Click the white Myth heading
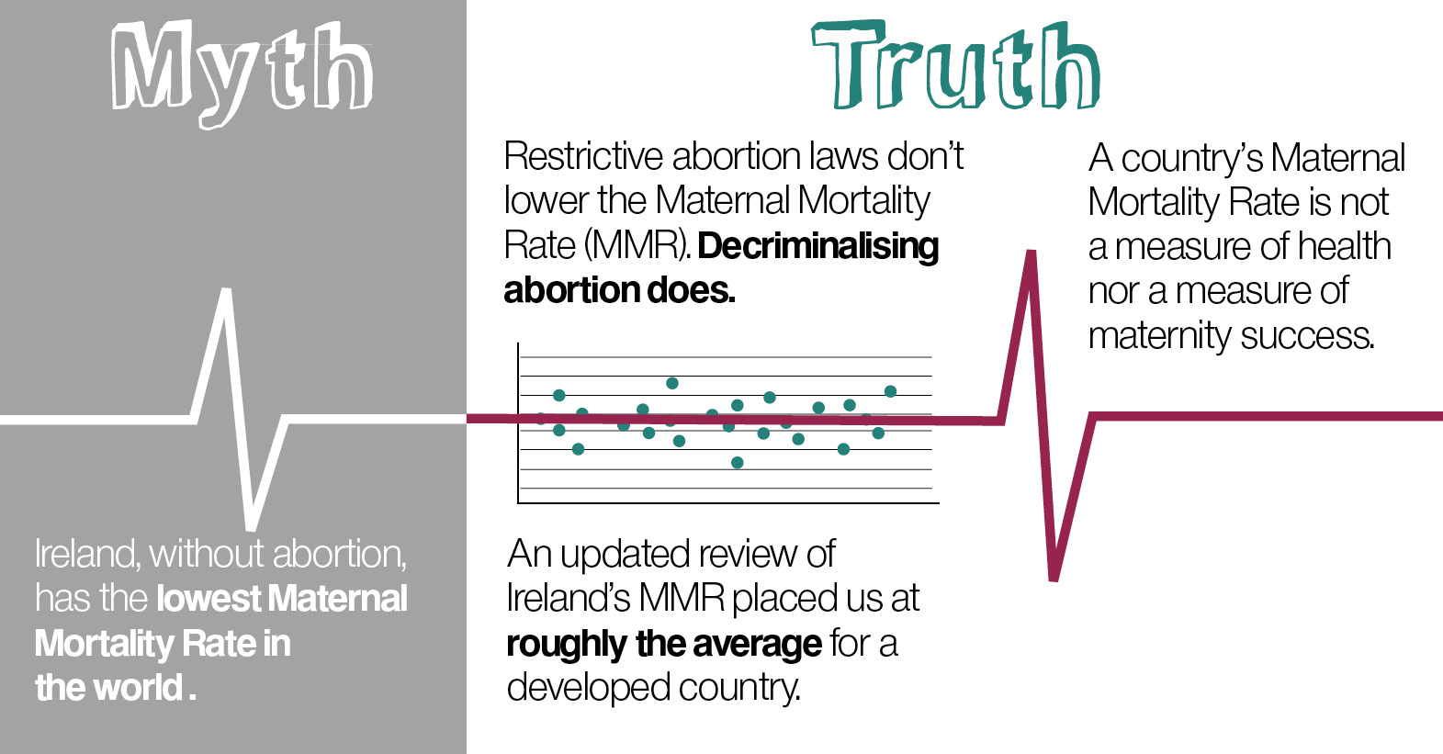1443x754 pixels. (x=242, y=73)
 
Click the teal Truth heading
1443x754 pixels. (x=955, y=64)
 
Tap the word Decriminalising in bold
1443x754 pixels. (x=818, y=247)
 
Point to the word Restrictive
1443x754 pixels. (x=583, y=156)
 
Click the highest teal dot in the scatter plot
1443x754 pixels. (x=671, y=383)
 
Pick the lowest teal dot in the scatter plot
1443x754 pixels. (x=738, y=462)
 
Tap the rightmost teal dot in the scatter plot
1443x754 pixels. (x=891, y=391)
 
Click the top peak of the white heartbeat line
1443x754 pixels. (x=227, y=289)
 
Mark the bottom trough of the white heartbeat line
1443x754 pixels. (x=252, y=528)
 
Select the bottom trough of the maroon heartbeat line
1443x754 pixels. (x=1054, y=579)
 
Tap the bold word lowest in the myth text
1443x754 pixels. (x=209, y=599)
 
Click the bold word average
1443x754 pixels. (x=757, y=644)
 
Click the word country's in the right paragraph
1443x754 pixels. (x=1191, y=159)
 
